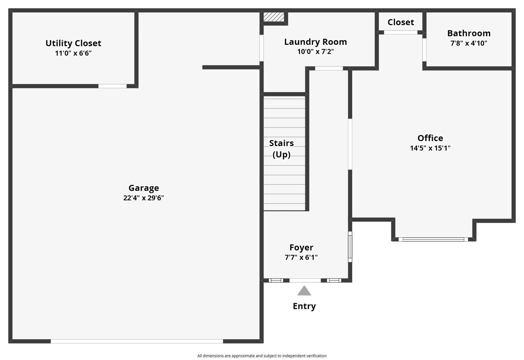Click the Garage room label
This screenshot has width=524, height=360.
tap(143, 188)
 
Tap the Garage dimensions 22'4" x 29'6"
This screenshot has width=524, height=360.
tap(143, 198)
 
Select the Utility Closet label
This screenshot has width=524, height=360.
tap(73, 43)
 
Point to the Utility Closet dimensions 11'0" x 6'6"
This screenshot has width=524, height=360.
tap(73, 53)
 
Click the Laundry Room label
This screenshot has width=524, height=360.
tap(315, 42)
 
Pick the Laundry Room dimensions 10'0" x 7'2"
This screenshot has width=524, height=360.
tap(315, 51)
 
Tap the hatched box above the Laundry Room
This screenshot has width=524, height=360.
tap(274, 17)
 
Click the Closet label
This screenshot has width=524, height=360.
tap(401, 22)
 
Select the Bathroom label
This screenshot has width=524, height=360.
tap(469, 33)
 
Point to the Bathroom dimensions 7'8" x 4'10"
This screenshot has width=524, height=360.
tap(469, 43)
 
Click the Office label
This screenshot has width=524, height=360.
tap(430, 138)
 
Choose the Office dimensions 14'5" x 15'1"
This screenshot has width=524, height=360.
tap(430, 148)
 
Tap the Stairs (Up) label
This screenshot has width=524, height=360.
tap(281, 149)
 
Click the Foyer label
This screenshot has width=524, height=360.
tap(301, 247)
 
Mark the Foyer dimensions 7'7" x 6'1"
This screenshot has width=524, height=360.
tap(301, 257)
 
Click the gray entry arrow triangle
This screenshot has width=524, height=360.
tap(304, 291)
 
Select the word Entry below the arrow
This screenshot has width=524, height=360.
tap(304, 306)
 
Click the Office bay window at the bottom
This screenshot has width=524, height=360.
tap(433, 239)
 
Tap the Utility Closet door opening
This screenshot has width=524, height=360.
tap(112, 86)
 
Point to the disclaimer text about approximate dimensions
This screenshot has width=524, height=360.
tap(262, 356)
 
